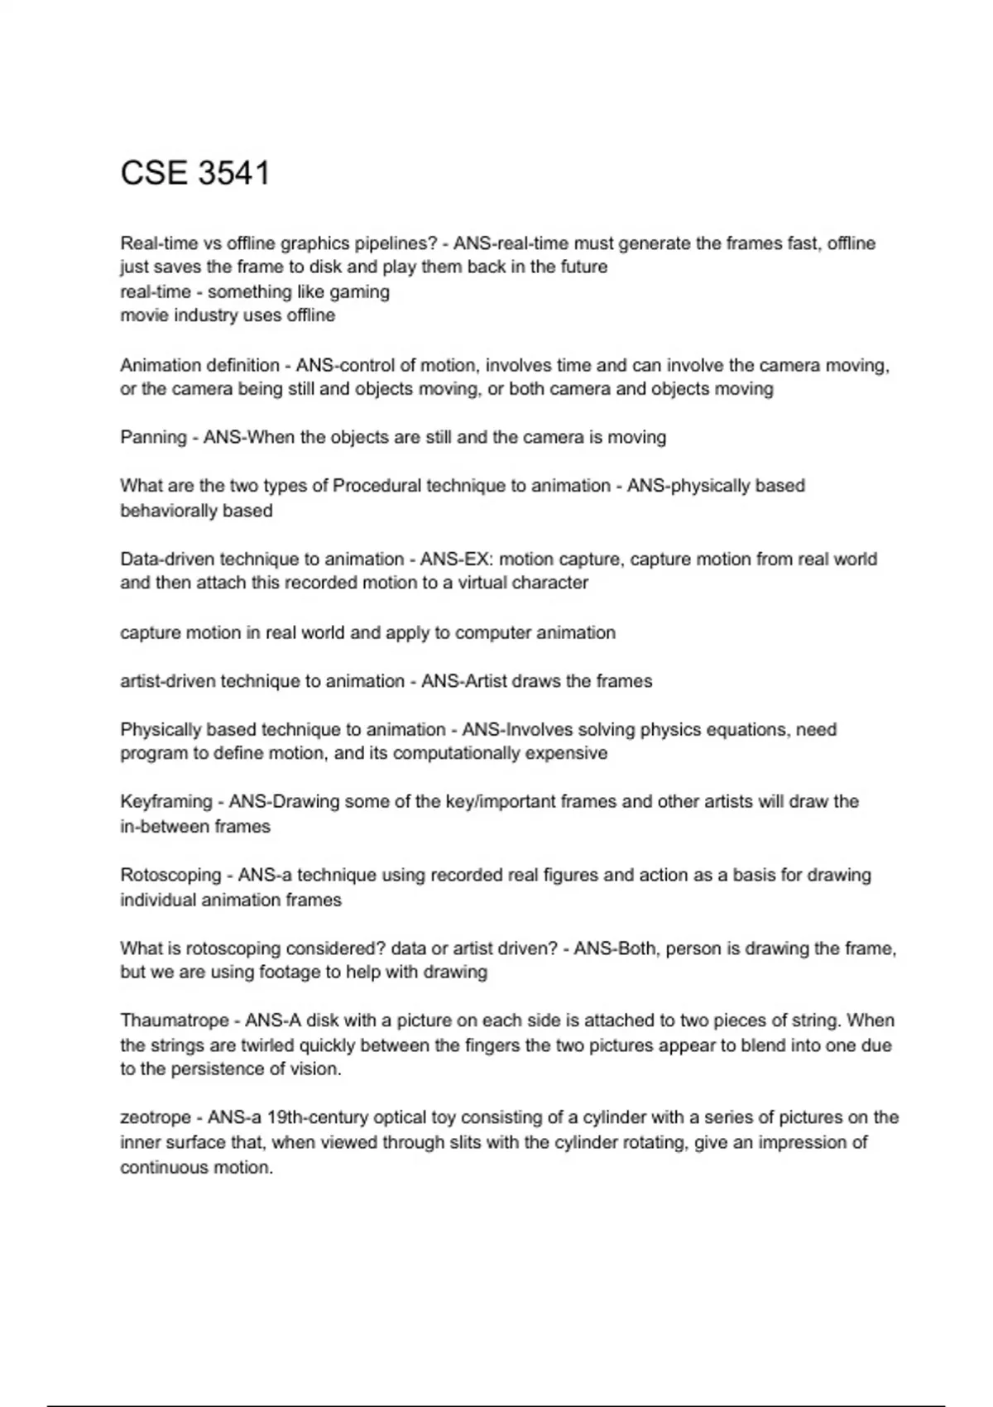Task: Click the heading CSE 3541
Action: click(x=195, y=173)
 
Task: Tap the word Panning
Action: click(x=153, y=437)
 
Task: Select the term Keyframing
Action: click(x=165, y=801)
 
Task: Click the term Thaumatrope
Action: click(x=174, y=1020)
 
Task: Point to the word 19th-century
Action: click(x=318, y=1117)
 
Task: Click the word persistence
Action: click(x=213, y=1068)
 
